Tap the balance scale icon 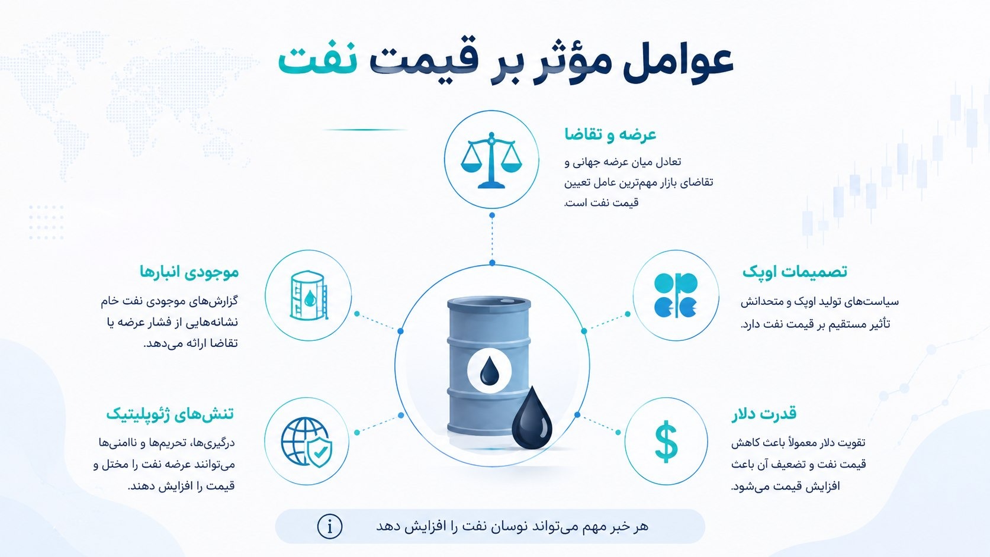coord(491,160)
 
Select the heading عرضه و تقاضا coord(610,134)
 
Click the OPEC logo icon coord(676,295)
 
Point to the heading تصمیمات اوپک coord(795,271)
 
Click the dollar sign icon coord(666,441)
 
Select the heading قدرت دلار coord(764,414)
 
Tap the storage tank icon coord(308,295)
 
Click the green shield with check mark coord(320,452)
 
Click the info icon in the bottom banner coord(330,526)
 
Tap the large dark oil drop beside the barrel coord(532,418)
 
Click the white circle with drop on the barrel coord(489,370)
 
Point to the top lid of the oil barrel coord(489,303)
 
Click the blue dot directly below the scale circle coord(492,215)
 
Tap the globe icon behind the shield coord(304,441)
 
